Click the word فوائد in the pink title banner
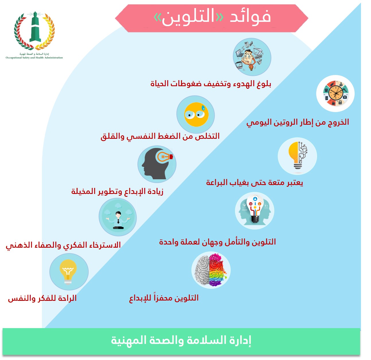pos(250,17)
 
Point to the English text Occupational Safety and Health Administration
pos(34,58)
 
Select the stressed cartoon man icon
pos(252,57)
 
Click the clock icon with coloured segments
pos(335,94)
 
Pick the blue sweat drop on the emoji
pos(203,108)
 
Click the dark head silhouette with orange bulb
pos(157,164)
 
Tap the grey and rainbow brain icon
pos(211,270)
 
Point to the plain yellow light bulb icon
pos(68,272)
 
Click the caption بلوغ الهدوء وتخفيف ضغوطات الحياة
pos(211,84)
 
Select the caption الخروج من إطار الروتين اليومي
pos(298,122)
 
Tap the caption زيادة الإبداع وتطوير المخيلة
pos(117,191)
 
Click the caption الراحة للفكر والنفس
pos(42,298)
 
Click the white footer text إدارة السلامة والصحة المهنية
pos(181,340)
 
